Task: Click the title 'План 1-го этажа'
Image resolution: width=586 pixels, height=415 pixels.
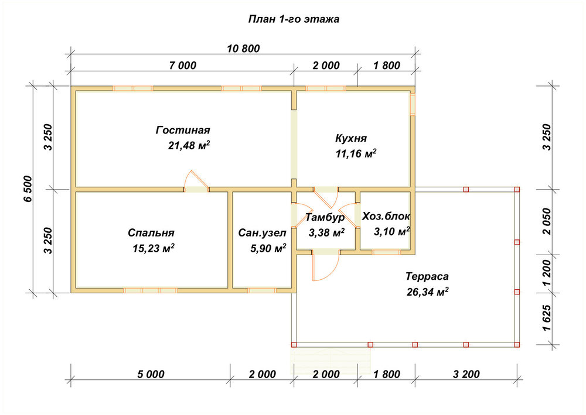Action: pyautogui.click(x=294, y=19)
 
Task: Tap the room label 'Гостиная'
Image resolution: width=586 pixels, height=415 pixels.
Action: pyautogui.click(x=183, y=130)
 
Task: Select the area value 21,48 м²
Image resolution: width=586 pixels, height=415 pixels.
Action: pyautogui.click(x=189, y=145)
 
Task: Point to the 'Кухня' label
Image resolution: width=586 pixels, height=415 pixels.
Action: pyautogui.click(x=351, y=138)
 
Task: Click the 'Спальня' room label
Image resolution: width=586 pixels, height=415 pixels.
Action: pyautogui.click(x=151, y=233)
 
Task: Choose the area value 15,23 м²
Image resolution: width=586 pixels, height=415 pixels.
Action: pyautogui.click(x=154, y=248)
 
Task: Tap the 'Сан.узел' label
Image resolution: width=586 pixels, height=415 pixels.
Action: pyautogui.click(x=263, y=233)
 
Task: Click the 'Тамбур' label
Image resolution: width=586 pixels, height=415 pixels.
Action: pyautogui.click(x=325, y=217)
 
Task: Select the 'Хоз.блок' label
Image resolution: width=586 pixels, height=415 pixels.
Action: pyautogui.click(x=386, y=216)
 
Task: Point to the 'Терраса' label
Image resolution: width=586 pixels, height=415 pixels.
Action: pyautogui.click(x=427, y=276)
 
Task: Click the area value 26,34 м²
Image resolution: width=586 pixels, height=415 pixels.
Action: pyautogui.click(x=428, y=292)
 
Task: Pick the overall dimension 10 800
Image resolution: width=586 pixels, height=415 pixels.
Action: pyautogui.click(x=243, y=49)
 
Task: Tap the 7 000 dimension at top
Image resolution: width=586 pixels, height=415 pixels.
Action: pyautogui.click(x=182, y=66)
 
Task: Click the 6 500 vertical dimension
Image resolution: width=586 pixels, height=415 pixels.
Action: pyautogui.click(x=28, y=189)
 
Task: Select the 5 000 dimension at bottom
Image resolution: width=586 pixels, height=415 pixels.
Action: pyautogui.click(x=151, y=374)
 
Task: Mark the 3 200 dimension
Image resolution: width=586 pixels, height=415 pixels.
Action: pyautogui.click(x=466, y=374)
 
